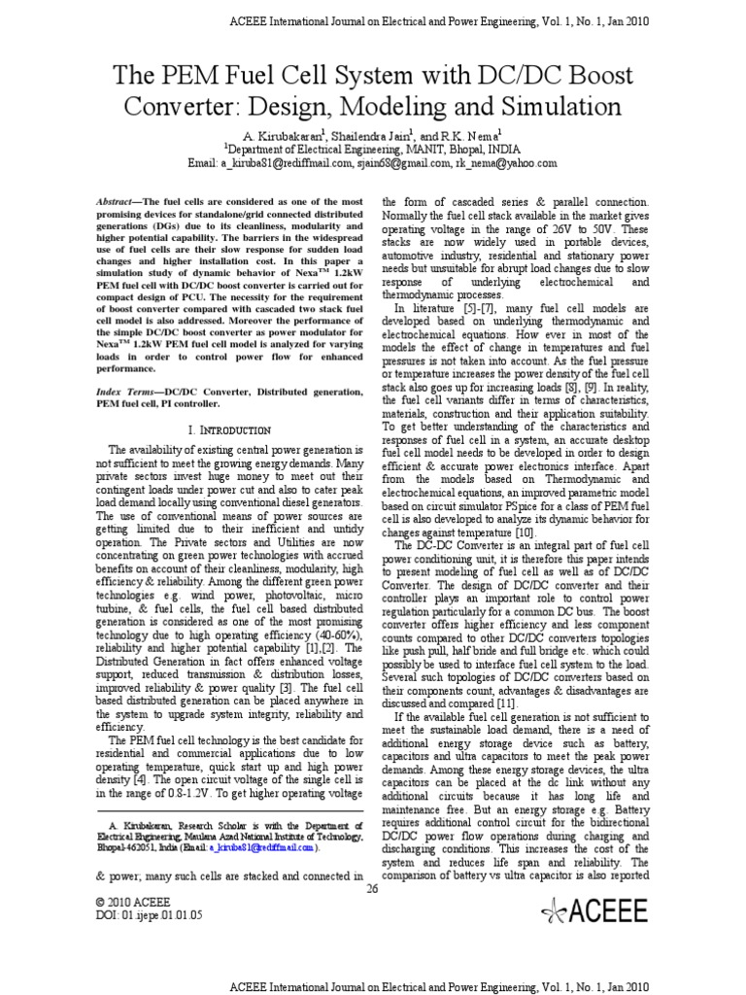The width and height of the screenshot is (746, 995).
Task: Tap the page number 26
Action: pyautogui.click(x=373, y=887)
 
